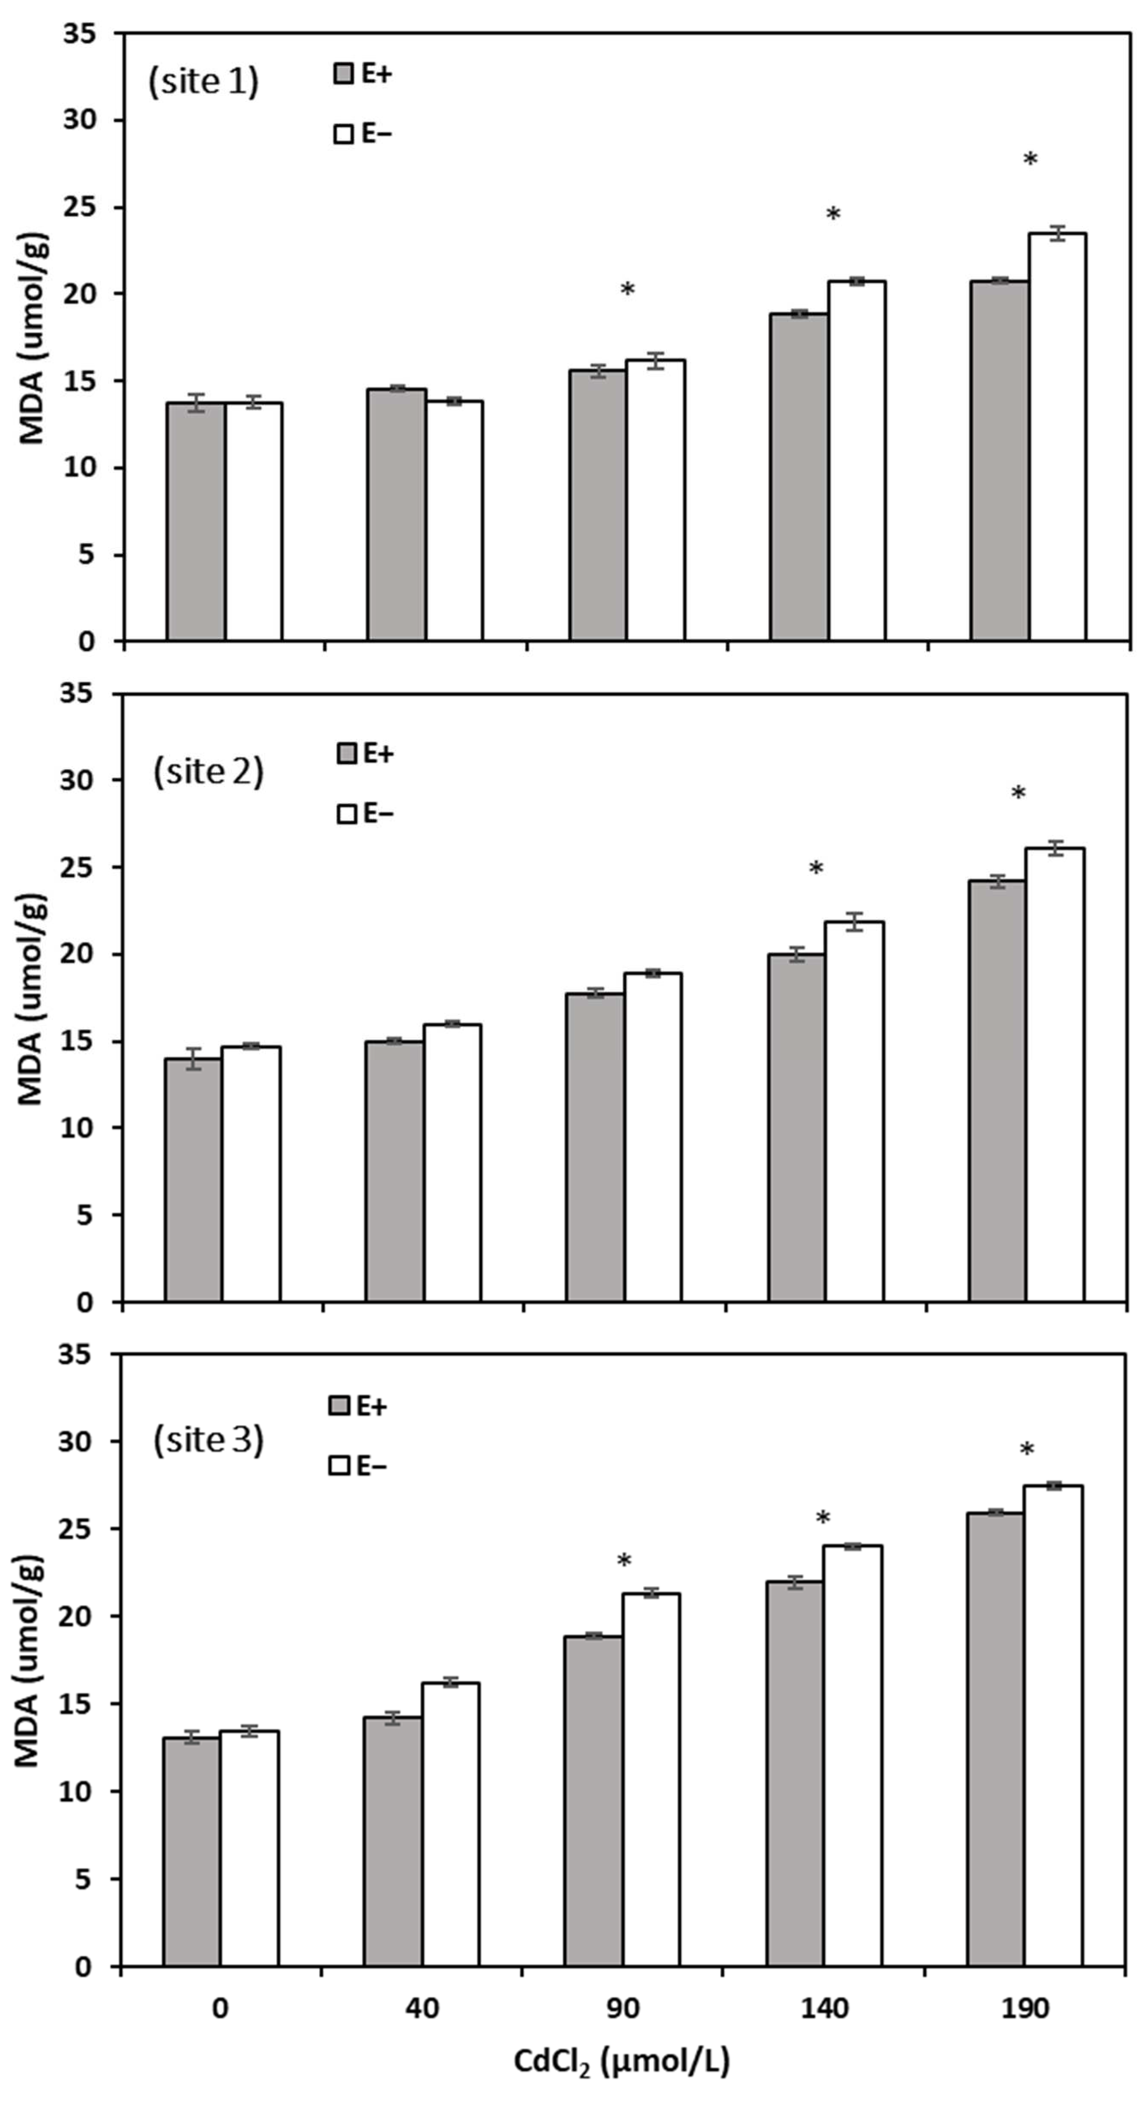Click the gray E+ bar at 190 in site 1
point(999,461)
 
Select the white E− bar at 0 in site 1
point(254,522)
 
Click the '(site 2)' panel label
point(209,772)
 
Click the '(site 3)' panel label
point(209,1440)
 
